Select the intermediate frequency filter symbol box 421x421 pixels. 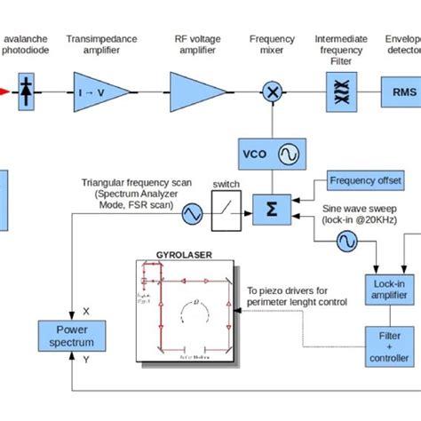click(x=338, y=91)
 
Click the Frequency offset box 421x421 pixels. click(x=365, y=181)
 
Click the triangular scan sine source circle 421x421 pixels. click(x=192, y=212)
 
